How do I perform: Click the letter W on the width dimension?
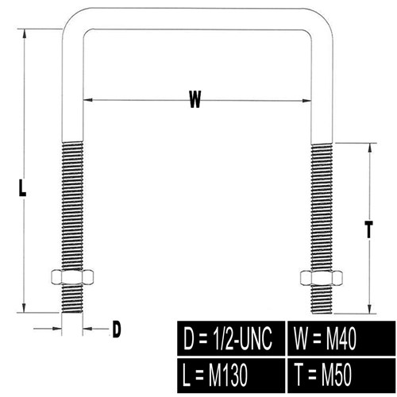195,99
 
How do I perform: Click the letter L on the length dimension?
22,188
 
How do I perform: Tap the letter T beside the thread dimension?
368,229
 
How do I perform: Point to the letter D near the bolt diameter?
117,329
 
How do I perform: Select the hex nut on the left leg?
72,277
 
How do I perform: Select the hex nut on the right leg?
322,278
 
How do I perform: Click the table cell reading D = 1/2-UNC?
231,338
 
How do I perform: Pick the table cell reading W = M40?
341,338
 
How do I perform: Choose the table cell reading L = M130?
231,376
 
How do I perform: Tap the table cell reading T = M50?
341,376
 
